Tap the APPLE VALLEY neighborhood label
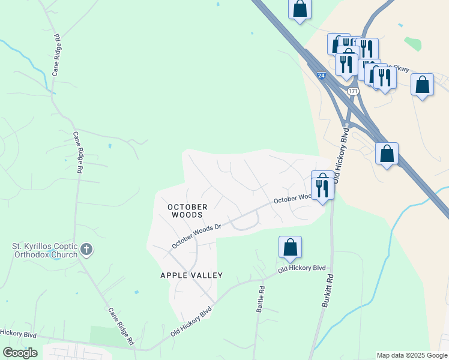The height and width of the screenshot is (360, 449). click(191, 275)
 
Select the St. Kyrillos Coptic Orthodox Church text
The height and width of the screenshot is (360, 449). click(46, 250)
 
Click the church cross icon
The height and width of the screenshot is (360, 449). click(86, 249)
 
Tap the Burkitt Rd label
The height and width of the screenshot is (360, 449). click(327, 292)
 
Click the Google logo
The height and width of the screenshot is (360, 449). click(20, 353)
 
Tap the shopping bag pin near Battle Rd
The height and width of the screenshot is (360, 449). click(290, 247)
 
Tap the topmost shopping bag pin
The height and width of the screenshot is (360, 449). click(300, 10)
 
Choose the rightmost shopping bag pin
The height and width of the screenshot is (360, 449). click(423, 85)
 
